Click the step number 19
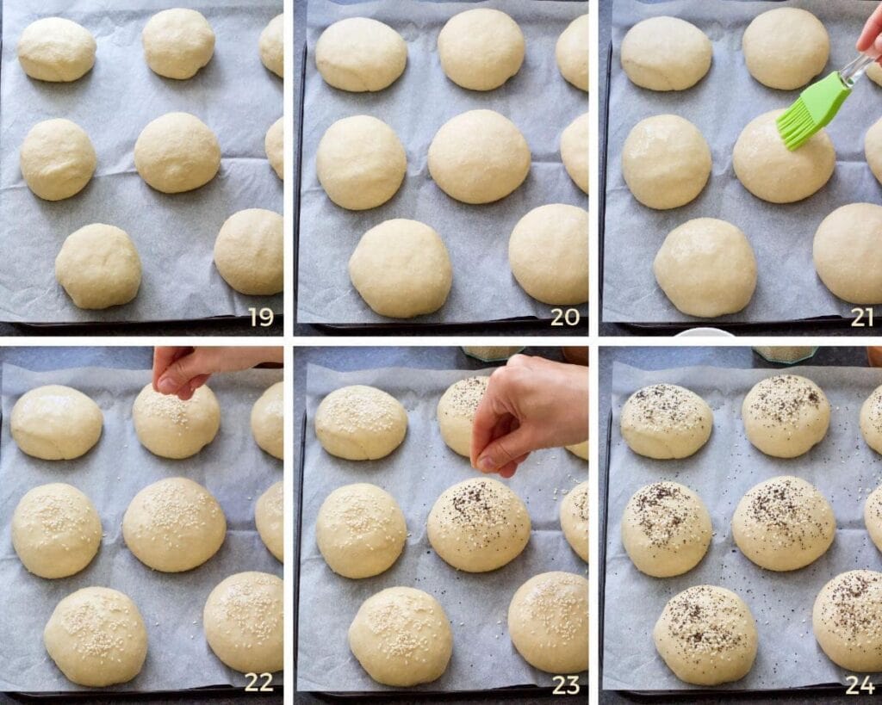pos(261,317)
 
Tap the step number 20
pos(565,317)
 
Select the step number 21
pos(862,317)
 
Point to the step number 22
pos(258,682)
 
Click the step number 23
pos(565,685)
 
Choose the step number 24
pos(862,685)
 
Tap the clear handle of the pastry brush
pos(856,69)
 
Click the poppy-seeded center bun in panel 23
pos(479,524)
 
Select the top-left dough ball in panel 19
pos(57,49)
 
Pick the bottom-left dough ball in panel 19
pos(98,266)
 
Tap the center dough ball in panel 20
pos(479,157)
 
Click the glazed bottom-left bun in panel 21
pos(705,267)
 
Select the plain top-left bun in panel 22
pos(56,422)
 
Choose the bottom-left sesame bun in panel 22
pos(96,636)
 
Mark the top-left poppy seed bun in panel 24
pos(666,421)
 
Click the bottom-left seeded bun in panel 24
pos(705,635)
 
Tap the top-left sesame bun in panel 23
pos(361,422)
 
